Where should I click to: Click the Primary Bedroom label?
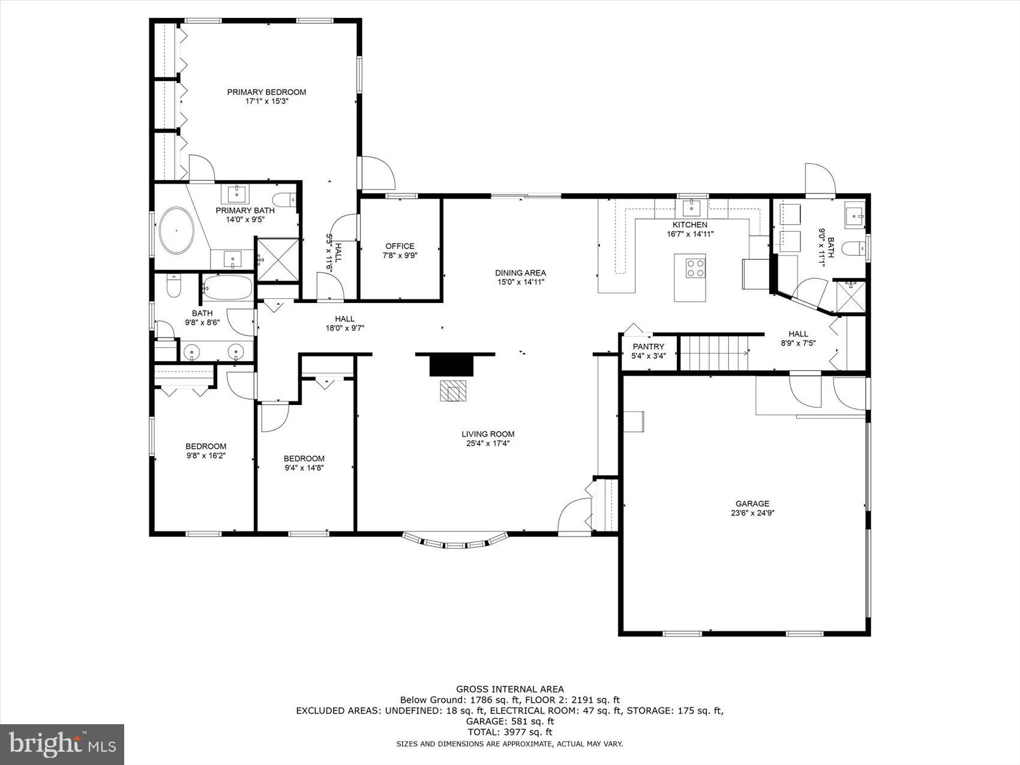pos(266,92)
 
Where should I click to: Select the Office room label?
pos(400,246)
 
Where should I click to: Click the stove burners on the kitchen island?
pos(695,268)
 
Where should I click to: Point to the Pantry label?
pos(648,347)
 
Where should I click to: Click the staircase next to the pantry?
pos(713,353)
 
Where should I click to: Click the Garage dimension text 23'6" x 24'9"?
pos(752,513)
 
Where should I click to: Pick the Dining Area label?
pos(520,273)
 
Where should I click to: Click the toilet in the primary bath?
pos(284,199)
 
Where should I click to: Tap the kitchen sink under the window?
pos(692,208)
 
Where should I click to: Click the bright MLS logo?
pos(62,744)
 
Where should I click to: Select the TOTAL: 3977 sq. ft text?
pos(509,732)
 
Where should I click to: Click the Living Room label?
pos(488,434)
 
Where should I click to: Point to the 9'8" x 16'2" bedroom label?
pos(206,455)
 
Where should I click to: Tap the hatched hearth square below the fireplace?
pos(452,390)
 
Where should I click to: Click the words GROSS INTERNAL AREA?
pos(509,689)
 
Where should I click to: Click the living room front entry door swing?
pos(573,515)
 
